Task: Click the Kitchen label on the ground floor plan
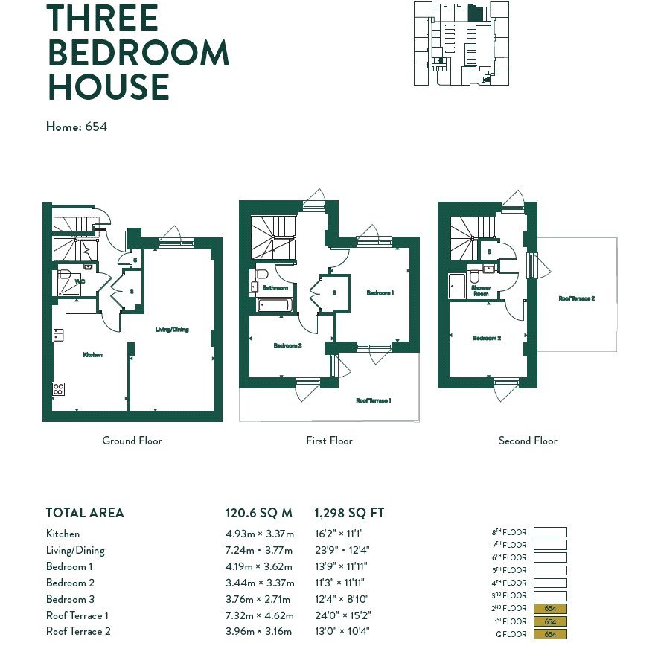(x=93, y=355)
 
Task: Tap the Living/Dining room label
(x=172, y=329)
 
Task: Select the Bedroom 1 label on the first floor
(x=380, y=292)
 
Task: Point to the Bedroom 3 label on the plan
(x=288, y=345)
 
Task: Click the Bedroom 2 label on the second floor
(x=487, y=338)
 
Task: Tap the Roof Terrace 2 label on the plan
(x=577, y=298)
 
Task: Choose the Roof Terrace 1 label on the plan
(x=374, y=400)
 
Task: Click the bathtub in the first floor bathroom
(x=274, y=305)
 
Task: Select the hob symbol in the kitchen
(x=58, y=388)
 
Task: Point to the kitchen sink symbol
(x=58, y=335)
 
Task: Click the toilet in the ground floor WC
(x=64, y=275)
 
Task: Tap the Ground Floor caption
(x=132, y=441)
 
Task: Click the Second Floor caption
(x=528, y=441)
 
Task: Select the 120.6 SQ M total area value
(x=259, y=513)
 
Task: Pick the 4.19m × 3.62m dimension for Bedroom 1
(x=259, y=566)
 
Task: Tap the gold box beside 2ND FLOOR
(x=550, y=609)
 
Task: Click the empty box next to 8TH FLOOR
(x=550, y=532)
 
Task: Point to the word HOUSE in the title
(x=109, y=87)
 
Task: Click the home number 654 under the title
(x=96, y=127)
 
